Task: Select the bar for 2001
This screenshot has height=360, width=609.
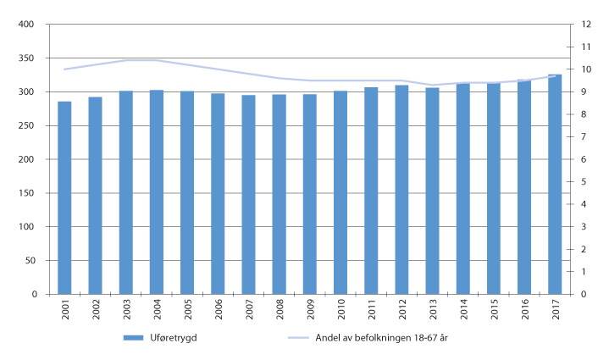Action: pyautogui.click(x=64, y=198)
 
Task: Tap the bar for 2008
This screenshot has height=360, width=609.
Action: pyautogui.click(x=280, y=195)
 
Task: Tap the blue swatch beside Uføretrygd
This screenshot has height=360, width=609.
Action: pyautogui.click(x=134, y=338)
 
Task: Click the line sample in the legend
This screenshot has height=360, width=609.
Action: pyautogui.click(x=301, y=338)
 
